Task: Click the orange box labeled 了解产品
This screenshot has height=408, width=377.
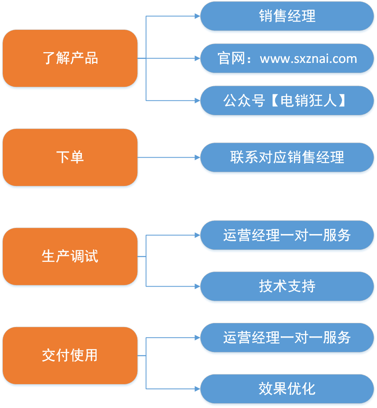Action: [70, 58]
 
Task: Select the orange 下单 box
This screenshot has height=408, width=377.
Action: [70, 157]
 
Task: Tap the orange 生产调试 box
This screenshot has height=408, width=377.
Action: [70, 257]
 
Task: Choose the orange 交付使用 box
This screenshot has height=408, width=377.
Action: [70, 356]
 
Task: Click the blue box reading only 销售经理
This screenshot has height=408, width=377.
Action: [287, 16]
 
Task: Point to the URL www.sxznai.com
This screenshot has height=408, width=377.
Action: [308, 59]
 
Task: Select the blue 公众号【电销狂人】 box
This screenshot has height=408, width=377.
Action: [287, 100]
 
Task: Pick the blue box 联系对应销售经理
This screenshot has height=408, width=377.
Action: [287, 157]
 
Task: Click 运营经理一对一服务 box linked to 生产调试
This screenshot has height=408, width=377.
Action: [287, 235]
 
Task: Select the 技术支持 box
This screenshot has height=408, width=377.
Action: [287, 287]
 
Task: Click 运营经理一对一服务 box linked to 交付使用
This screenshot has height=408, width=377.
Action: [287, 338]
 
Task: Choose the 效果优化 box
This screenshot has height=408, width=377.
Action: [287, 389]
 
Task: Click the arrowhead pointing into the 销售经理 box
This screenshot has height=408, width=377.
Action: [198, 16]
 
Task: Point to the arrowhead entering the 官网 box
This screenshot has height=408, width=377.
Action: [198, 58]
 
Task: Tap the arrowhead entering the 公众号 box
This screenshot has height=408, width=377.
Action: [198, 100]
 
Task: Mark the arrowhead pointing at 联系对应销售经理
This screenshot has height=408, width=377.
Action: [198, 157]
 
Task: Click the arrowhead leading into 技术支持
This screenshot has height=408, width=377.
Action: [198, 287]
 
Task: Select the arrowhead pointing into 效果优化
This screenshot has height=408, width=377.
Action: [198, 389]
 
